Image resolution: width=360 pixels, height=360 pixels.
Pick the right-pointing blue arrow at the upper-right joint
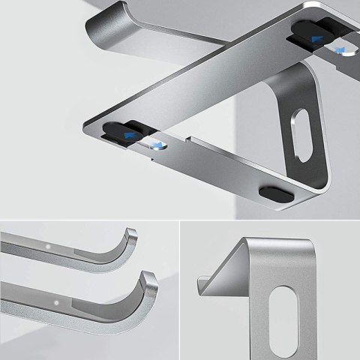click(341, 50)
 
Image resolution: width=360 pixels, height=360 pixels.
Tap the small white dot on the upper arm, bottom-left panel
click(49, 246)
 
